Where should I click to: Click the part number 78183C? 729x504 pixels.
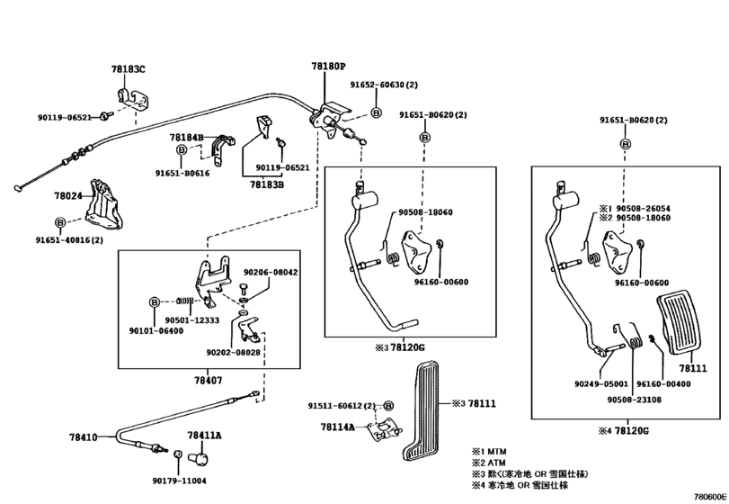tap(128, 69)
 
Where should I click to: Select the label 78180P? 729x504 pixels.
tap(329, 67)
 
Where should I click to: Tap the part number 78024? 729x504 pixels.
tap(68, 196)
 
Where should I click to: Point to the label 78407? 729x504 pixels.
tap(209, 380)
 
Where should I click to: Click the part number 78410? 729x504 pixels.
tap(84, 437)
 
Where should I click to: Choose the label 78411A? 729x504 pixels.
tap(205, 436)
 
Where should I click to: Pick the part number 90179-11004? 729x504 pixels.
tap(180, 481)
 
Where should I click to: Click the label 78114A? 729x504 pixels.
tap(338, 427)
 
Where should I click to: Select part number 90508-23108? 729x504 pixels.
tap(634, 400)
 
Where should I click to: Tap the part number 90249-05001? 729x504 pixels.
tap(601, 384)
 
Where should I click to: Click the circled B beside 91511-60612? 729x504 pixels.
tap(389, 406)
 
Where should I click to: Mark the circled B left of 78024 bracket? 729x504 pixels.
tap(60, 222)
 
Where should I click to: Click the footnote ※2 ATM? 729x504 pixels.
tap(489, 463)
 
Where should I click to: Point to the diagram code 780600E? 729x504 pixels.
tap(710, 497)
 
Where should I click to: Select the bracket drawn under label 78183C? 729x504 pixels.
tap(132, 99)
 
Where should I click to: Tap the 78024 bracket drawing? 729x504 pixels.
tap(104, 206)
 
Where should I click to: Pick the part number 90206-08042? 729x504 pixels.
tap(271, 272)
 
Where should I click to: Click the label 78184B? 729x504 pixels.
tap(186, 138)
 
